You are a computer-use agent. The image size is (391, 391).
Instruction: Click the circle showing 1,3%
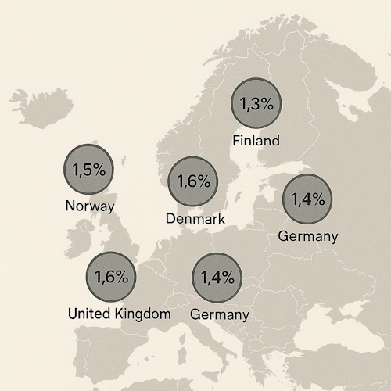[x=256, y=105]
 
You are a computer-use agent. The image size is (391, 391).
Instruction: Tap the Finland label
[x=256, y=142]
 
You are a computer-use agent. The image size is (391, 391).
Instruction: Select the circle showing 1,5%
[x=88, y=169]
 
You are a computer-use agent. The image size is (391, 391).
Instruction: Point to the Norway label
[x=90, y=206]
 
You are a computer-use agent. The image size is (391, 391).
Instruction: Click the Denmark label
[x=195, y=219]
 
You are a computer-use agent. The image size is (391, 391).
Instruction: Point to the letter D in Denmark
[x=171, y=219]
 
